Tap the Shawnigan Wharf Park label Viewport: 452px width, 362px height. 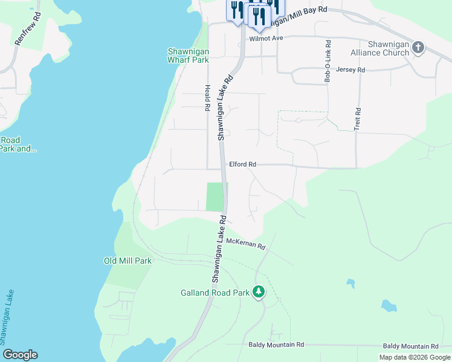click(x=188, y=56)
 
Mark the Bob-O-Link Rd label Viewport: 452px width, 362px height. click(x=328, y=61)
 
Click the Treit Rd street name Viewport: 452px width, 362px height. click(x=357, y=119)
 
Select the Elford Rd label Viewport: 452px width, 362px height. click(x=243, y=164)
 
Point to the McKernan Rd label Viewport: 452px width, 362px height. click(x=247, y=243)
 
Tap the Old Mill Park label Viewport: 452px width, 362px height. click(x=128, y=261)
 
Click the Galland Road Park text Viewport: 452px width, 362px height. click(x=215, y=293)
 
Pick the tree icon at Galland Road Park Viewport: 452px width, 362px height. click(x=259, y=292)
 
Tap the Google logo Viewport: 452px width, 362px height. click(x=20, y=355)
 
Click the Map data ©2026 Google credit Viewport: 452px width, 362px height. click(x=415, y=357)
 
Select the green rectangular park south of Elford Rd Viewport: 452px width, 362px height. click(x=215, y=197)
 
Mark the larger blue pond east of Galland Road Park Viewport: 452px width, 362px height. click(x=389, y=306)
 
